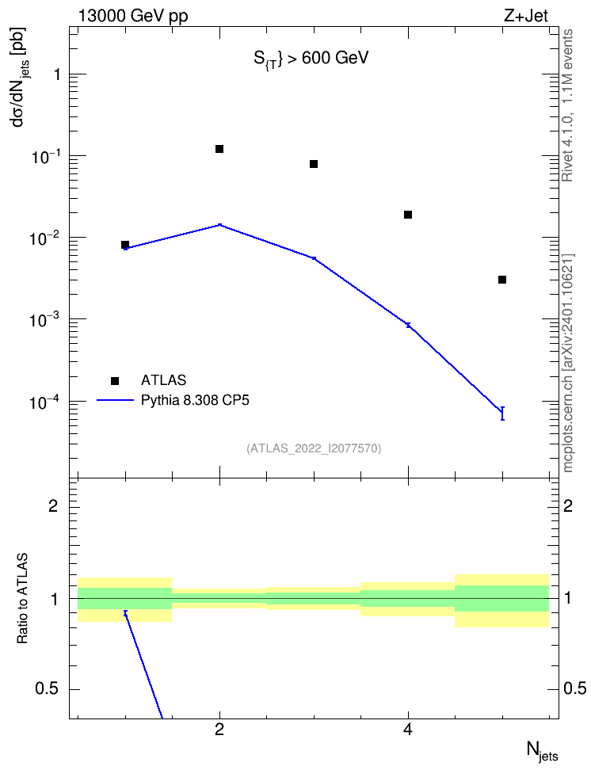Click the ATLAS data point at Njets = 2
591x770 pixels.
219,149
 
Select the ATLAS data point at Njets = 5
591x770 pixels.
502,280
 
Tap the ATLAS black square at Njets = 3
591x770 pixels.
314,164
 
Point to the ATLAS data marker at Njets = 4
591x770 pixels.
408,215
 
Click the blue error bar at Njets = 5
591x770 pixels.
502,414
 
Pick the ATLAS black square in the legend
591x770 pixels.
115,380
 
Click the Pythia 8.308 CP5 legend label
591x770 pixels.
195,400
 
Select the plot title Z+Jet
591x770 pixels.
526,16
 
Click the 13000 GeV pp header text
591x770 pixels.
133,16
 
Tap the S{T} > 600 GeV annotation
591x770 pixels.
311,59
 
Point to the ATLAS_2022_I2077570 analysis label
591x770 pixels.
314,448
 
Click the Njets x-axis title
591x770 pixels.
543,751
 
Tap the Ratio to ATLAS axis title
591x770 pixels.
22,599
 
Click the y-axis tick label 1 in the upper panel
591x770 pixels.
58,74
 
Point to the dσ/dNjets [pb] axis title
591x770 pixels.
21,77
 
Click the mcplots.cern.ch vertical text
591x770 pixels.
568,364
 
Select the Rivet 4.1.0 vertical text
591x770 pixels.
567,105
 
